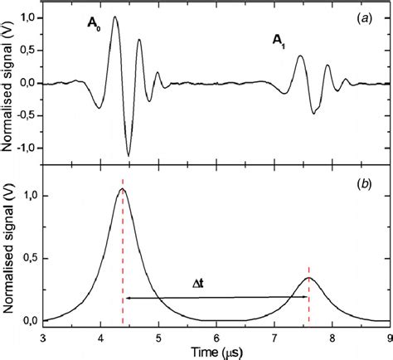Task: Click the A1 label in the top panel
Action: click(280, 39)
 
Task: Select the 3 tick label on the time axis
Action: click(43, 338)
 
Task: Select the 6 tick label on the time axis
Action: click(216, 338)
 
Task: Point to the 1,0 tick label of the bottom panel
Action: click(27, 196)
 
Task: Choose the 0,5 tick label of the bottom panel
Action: click(27, 259)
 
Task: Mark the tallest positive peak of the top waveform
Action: click(115, 17)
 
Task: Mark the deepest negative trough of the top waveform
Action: click(129, 155)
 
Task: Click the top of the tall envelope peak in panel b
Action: click(123, 189)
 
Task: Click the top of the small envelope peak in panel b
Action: click(308, 277)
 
